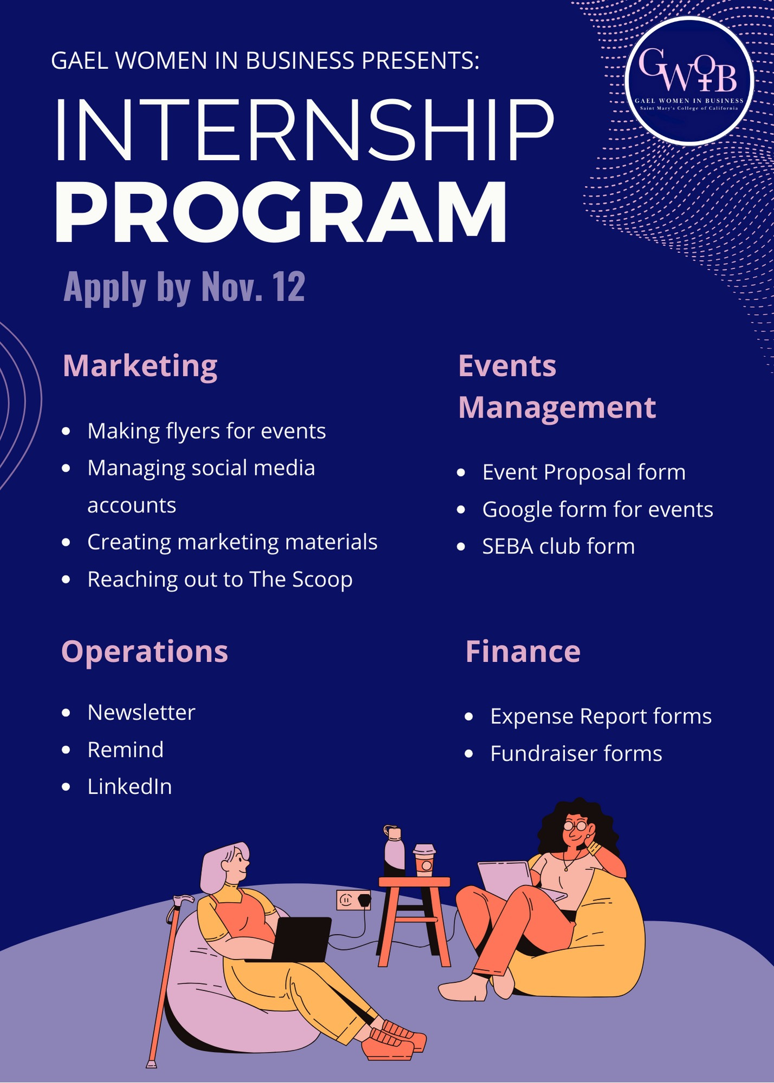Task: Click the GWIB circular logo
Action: [689, 80]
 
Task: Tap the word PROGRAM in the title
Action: [281, 213]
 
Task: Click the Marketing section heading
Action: [140, 366]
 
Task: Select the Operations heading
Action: [144, 651]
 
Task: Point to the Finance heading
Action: [523, 651]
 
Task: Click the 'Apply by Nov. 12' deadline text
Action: [184, 286]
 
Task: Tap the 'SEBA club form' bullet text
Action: [558, 546]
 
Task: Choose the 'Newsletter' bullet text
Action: [141, 713]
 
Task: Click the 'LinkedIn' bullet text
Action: [130, 787]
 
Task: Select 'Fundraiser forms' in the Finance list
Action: [576, 754]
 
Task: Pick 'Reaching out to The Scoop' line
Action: [220, 579]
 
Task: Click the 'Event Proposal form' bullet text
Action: [584, 472]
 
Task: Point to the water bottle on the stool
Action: [394, 850]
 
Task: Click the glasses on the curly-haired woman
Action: [575, 826]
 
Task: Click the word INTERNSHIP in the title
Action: [304, 130]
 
